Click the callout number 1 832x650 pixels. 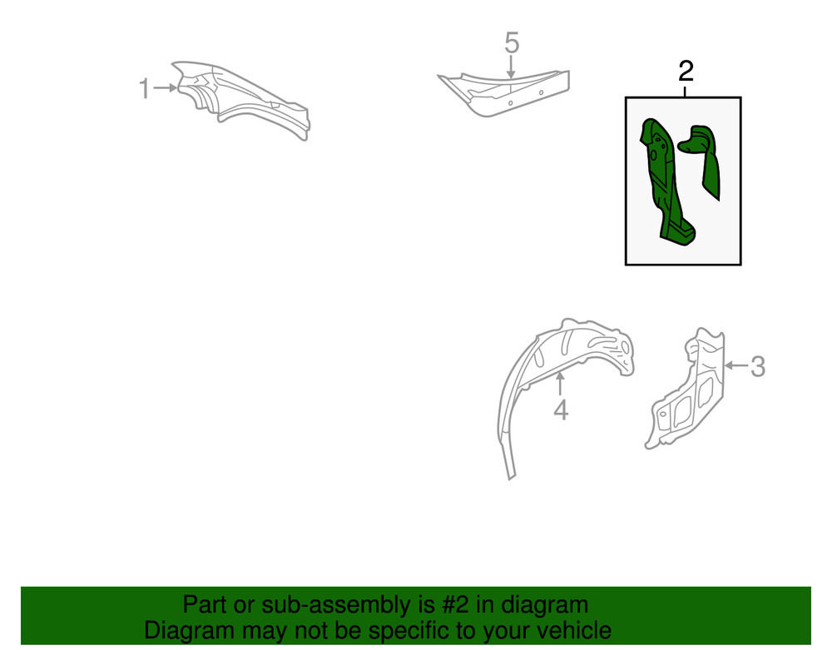(x=144, y=88)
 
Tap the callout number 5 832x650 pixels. (x=512, y=43)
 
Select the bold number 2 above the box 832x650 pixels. (x=686, y=71)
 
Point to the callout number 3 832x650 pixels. (x=758, y=367)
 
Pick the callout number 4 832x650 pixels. (x=561, y=410)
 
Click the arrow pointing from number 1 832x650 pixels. (x=165, y=87)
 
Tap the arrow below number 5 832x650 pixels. (x=511, y=67)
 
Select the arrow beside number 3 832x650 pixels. (x=736, y=365)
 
